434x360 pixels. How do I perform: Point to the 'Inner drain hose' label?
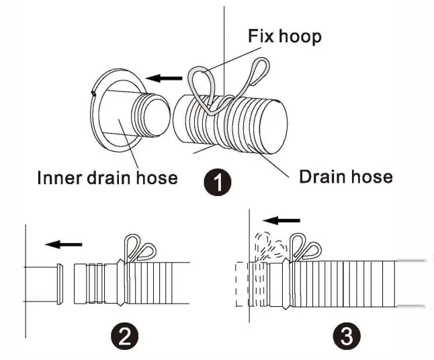(x=107, y=177)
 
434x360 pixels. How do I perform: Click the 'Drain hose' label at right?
(x=345, y=177)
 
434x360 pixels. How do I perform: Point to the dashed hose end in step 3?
(x=243, y=285)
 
